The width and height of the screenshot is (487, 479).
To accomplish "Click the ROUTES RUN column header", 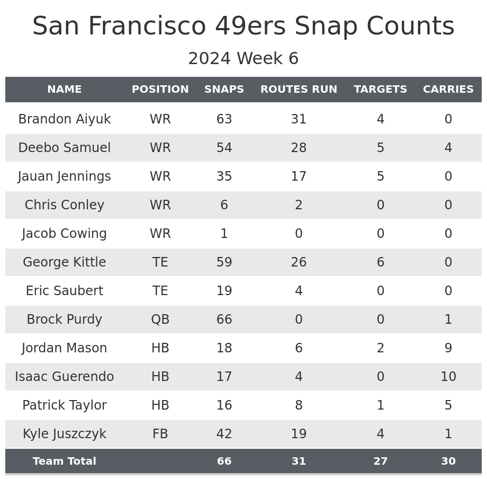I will [299, 90].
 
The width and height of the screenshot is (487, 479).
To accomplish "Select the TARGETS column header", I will [381, 90].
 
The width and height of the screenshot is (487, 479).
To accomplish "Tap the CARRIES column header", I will [448, 90].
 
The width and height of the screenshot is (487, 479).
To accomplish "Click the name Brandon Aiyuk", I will [65, 119].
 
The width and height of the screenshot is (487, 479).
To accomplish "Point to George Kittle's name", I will [65, 262].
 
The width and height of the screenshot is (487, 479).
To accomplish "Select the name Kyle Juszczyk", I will [65, 434].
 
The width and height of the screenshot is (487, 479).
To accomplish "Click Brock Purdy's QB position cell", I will [160, 320].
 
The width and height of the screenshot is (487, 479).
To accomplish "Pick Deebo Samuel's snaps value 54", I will [224, 148].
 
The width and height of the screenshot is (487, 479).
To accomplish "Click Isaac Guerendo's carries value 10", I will [448, 377].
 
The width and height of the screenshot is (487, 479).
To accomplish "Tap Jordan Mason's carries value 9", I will [448, 348].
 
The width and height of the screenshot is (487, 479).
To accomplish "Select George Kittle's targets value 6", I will [381, 262].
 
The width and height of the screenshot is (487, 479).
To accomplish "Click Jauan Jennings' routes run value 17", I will [299, 176].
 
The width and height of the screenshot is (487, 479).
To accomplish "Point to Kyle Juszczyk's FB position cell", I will [160, 434].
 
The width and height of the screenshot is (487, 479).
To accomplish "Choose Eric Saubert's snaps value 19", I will [224, 291].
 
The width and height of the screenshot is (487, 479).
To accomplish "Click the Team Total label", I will [65, 462].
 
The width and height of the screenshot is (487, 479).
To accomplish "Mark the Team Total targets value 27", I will [381, 462].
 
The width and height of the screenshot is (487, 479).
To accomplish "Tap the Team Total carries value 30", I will [448, 462].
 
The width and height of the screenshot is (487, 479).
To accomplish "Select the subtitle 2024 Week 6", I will [243, 59].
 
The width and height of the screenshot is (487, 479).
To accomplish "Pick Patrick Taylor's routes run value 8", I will [299, 405].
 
